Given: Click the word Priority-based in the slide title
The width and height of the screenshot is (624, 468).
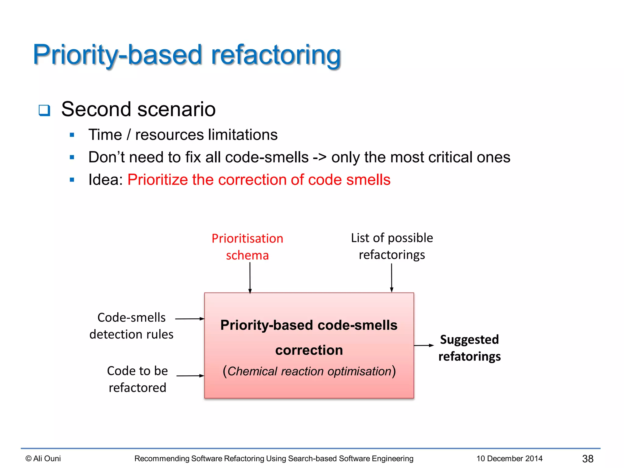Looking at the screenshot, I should pyautogui.click(x=117, y=55).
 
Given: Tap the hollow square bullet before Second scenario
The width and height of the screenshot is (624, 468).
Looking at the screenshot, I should pyautogui.click(x=44, y=110).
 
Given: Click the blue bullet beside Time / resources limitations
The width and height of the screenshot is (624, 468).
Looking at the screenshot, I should pyautogui.click(x=72, y=135).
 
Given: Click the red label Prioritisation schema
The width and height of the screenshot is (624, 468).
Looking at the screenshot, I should pyautogui.click(x=247, y=247).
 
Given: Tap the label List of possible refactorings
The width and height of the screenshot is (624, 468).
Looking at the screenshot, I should pyautogui.click(x=392, y=246).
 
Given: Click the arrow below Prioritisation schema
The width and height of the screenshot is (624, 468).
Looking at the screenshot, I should pyautogui.click(x=250, y=277).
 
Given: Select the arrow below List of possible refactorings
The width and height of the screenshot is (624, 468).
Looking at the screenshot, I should pyautogui.click(x=392, y=277).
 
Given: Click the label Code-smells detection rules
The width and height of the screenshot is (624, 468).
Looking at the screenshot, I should pyautogui.click(x=131, y=326).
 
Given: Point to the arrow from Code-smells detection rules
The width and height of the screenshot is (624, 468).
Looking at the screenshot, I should pyautogui.click(x=190, y=319).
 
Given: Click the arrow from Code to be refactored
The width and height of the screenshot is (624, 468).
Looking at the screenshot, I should pyautogui.click(x=190, y=376).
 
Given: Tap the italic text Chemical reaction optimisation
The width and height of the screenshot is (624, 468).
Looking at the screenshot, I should pyautogui.click(x=309, y=371).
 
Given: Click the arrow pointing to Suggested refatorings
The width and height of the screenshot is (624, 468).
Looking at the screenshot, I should pyautogui.click(x=424, y=345).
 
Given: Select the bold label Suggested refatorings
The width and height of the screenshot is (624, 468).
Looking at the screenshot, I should pyautogui.click(x=469, y=348).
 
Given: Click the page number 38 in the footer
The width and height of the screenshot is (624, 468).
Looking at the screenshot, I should pyautogui.click(x=587, y=459).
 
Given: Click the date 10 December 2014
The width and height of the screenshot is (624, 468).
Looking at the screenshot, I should pyautogui.click(x=509, y=459).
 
